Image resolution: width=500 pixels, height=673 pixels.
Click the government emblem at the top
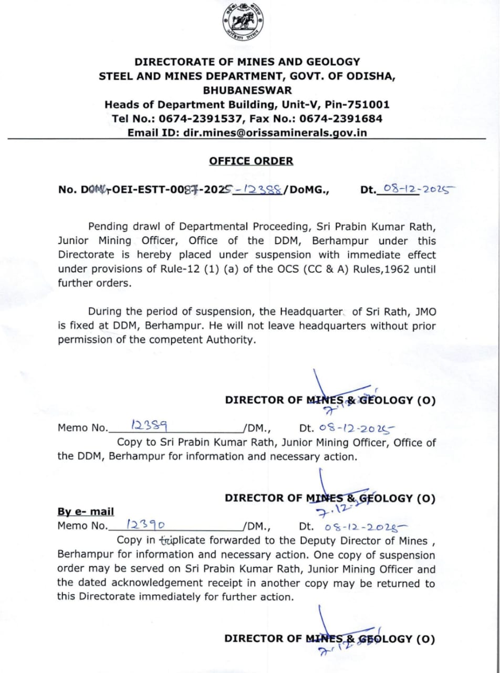tap(243, 23)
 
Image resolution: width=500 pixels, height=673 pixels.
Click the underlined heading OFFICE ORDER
tap(251, 161)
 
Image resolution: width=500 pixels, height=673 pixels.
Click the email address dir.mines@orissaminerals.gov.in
tap(275, 132)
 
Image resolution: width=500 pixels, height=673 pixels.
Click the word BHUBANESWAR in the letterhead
tap(247, 90)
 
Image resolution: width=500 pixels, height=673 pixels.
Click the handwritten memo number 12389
tap(143, 425)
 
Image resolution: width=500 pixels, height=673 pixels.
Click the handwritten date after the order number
tap(418, 188)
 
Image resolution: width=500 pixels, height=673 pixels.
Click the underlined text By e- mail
tap(86, 512)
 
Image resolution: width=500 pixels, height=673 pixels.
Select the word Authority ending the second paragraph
tap(228, 340)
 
